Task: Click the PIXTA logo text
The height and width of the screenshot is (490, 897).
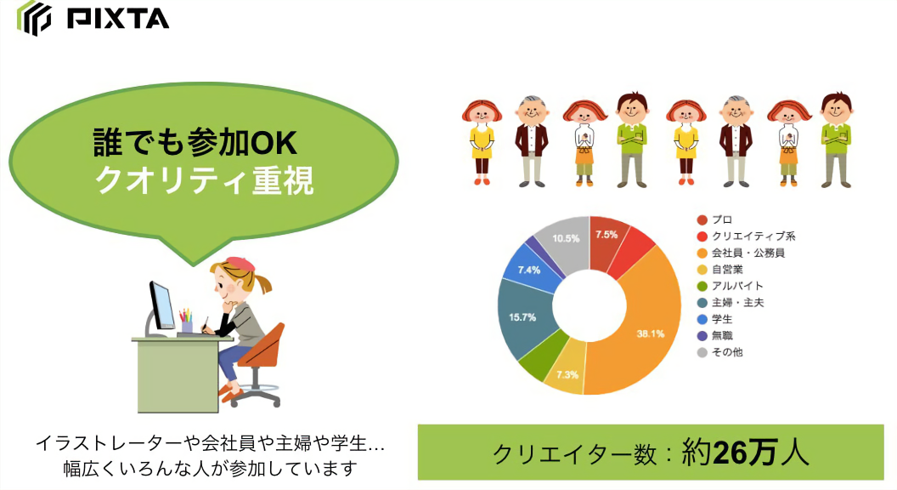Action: (118, 19)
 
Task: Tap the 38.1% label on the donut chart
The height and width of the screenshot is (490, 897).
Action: (650, 333)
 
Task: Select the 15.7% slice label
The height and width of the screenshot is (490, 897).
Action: (522, 317)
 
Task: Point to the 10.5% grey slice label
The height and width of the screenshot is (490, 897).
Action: (566, 238)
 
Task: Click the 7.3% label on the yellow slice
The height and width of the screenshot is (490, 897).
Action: (567, 375)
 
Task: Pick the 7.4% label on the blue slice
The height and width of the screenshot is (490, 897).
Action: (529, 270)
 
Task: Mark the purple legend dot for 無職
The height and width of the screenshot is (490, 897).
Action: (702, 336)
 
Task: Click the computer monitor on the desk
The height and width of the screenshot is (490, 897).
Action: (162, 305)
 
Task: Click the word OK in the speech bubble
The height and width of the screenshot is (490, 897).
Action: (274, 143)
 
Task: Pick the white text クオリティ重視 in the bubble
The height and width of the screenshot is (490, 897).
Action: (204, 180)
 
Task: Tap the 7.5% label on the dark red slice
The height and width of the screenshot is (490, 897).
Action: (606, 235)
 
